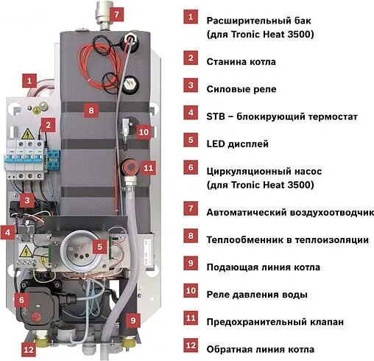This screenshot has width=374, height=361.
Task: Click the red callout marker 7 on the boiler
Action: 119,13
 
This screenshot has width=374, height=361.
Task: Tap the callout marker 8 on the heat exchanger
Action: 91,111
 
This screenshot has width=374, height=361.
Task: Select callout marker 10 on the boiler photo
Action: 143,131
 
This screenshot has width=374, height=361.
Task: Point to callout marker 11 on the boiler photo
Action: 148,167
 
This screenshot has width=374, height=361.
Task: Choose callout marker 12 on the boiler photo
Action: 29,350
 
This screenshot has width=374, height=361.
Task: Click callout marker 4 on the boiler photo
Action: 9,233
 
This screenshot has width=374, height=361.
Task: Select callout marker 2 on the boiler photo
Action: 47,125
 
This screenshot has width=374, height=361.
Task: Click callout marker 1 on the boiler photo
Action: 29,79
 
